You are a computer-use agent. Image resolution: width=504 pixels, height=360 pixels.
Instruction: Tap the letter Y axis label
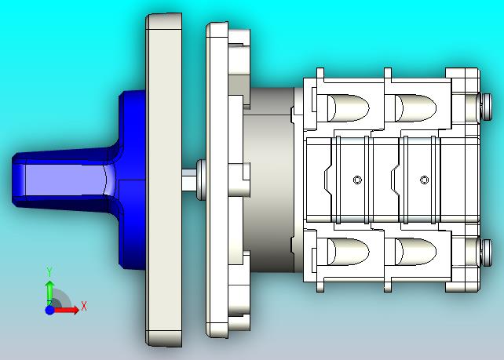pyautogui.click(x=49, y=271)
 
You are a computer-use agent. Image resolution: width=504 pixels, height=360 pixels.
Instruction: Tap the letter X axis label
pyautogui.click(x=84, y=306)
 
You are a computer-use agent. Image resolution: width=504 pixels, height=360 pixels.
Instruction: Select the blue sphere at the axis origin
pyautogui.click(x=49, y=311)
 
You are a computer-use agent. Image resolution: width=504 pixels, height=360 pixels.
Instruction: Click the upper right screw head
pyautogui.click(x=486, y=107)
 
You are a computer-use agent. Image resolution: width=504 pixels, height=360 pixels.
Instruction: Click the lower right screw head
pyautogui.click(x=486, y=253)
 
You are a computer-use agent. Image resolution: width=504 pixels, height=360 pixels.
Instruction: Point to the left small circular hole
pyautogui.click(x=357, y=180)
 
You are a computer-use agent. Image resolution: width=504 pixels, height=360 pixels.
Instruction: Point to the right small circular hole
pyautogui.click(x=424, y=180)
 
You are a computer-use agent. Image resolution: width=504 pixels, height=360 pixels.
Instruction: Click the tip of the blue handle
pyautogui.click(x=13, y=180)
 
